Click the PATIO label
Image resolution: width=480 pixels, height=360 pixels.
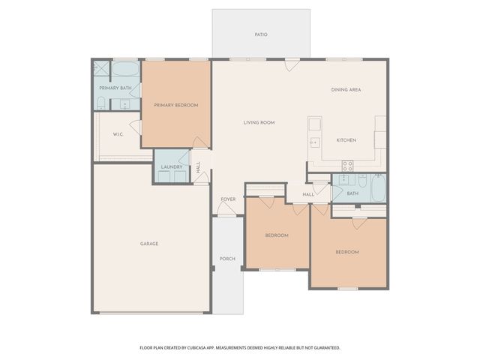pos(261,34)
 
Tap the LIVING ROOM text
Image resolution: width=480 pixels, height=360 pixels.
pos(259,122)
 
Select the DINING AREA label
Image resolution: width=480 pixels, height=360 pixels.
pos(346,90)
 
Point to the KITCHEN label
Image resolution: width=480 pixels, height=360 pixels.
pos(346,140)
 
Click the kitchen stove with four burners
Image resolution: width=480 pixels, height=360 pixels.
pos(348,166)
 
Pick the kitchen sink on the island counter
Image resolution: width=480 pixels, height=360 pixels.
pos(314,141)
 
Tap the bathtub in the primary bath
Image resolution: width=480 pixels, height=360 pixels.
pos(126,70)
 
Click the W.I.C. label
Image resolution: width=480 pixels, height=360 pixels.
pos(118,134)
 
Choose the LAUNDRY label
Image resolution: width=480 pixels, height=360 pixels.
pos(172,166)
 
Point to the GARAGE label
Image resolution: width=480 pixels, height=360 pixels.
pos(148,244)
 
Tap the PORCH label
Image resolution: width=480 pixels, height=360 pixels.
pos(227,259)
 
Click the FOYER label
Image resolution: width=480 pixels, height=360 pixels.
pos(227,199)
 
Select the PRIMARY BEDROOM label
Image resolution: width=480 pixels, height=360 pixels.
pos(176,105)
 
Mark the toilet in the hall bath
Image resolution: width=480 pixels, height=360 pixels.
pos(362,181)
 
